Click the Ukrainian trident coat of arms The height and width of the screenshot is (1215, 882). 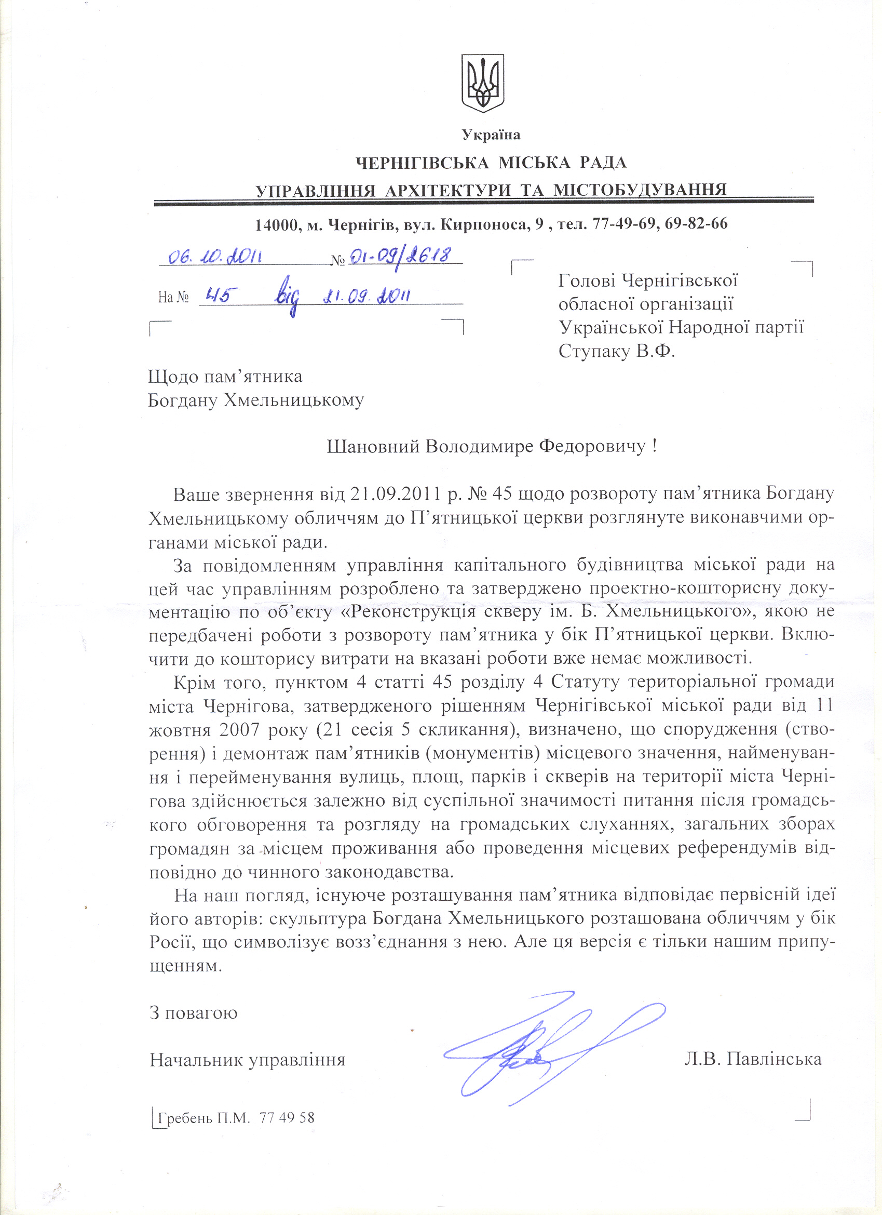pyautogui.click(x=482, y=83)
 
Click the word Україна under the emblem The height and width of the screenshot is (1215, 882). pyautogui.click(x=491, y=135)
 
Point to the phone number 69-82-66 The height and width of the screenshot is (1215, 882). pyautogui.click(x=696, y=223)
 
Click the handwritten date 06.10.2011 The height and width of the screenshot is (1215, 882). pyautogui.click(x=215, y=258)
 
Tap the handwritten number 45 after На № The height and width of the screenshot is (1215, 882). pyautogui.click(x=218, y=296)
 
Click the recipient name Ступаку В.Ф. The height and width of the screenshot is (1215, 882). pyautogui.click(x=616, y=352)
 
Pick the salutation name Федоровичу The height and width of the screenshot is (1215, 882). pyautogui.click(x=593, y=446)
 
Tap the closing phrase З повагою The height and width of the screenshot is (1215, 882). pyautogui.click(x=193, y=1012)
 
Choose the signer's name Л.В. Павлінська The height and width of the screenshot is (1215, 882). pyautogui.click(x=752, y=1060)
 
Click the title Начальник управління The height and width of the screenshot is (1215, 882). pyautogui.click(x=248, y=1060)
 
